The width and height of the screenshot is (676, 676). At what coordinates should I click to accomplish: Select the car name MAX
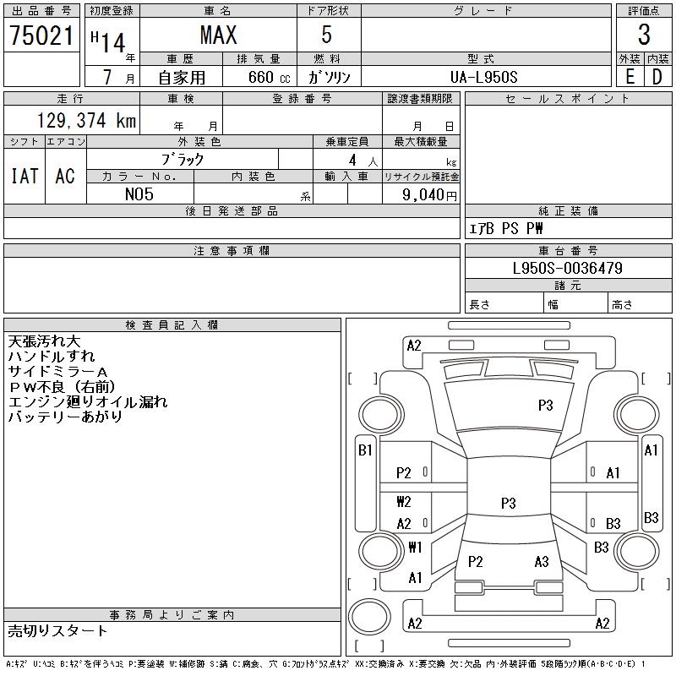pyautogui.click(x=218, y=35)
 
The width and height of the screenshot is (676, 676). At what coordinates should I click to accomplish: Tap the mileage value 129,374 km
pyautogui.click(x=86, y=121)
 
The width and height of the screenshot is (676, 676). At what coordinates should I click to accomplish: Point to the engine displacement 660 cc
pyautogui.click(x=259, y=77)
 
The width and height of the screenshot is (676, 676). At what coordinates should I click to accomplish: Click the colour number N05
pyautogui.click(x=139, y=194)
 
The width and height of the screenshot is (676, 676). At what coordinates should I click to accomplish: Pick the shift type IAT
pyautogui.click(x=25, y=176)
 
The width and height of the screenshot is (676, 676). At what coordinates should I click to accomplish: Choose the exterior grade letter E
pyautogui.click(x=630, y=77)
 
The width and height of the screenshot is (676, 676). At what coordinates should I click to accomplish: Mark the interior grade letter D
pyautogui.click(x=657, y=77)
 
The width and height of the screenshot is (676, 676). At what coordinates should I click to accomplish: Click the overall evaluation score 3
pyautogui.click(x=644, y=35)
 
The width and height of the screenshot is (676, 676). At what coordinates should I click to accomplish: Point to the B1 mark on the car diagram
pyautogui.click(x=365, y=450)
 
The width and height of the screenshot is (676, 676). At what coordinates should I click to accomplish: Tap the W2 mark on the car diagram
pyautogui.click(x=404, y=502)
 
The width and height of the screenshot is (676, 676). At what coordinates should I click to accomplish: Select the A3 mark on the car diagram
pyautogui.click(x=542, y=562)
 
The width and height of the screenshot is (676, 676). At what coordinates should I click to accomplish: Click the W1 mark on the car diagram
pyautogui.click(x=415, y=547)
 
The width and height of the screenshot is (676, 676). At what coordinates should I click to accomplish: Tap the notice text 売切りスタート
pyautogui.click(x=57, y=630)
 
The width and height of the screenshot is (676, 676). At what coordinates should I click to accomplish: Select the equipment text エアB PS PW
pyautogui.click(x=506, y=228)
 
